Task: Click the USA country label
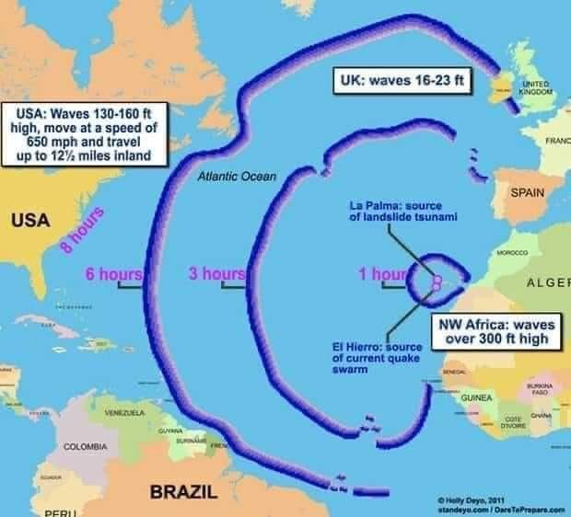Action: pos(30,222)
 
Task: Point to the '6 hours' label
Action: pos(113,273)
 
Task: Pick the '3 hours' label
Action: pos(216,273)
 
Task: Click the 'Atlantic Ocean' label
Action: pos(230,175)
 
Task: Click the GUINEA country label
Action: pos(474,396)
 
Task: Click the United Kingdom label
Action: pos(535,89)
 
